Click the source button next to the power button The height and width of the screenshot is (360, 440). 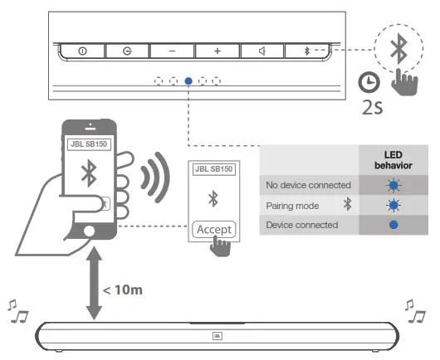coord(127,51)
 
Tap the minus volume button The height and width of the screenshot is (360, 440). coord(172,51)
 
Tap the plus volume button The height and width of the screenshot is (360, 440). coord(218,51)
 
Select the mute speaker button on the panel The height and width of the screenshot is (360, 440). coord(262,51)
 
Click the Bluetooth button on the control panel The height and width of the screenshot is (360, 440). coord(306,51)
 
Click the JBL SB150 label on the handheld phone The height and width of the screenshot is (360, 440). coord(87,144)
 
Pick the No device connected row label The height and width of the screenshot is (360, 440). coord(308,185)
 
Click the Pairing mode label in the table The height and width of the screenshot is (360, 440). coord(289,205)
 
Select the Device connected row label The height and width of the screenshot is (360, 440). coord(301,225)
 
